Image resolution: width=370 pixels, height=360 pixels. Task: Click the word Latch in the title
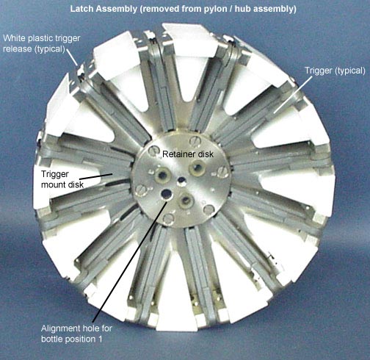coord(81,9)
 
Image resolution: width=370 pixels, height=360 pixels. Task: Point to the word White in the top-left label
coord(14,38)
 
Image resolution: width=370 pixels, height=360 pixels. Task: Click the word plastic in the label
coord(39,39)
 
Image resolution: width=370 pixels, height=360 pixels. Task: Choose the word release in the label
coord(18,49)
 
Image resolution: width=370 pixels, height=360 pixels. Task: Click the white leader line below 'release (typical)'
coord(72,57)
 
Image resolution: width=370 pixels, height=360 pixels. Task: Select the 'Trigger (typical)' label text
coord(335,71)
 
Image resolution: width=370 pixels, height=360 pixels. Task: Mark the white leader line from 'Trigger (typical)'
coord(293,95)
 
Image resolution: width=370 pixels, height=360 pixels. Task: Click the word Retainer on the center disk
coord(177,154)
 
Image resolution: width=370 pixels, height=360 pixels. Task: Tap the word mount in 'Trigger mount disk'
coord(53,184)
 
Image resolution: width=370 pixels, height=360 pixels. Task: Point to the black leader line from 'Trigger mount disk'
coord(95,176)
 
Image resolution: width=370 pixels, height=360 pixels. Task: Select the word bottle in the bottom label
coord(52,339)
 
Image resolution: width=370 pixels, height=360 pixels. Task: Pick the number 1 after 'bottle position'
coord(100,339)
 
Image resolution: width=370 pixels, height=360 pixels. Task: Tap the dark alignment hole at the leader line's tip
coord(167,194)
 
